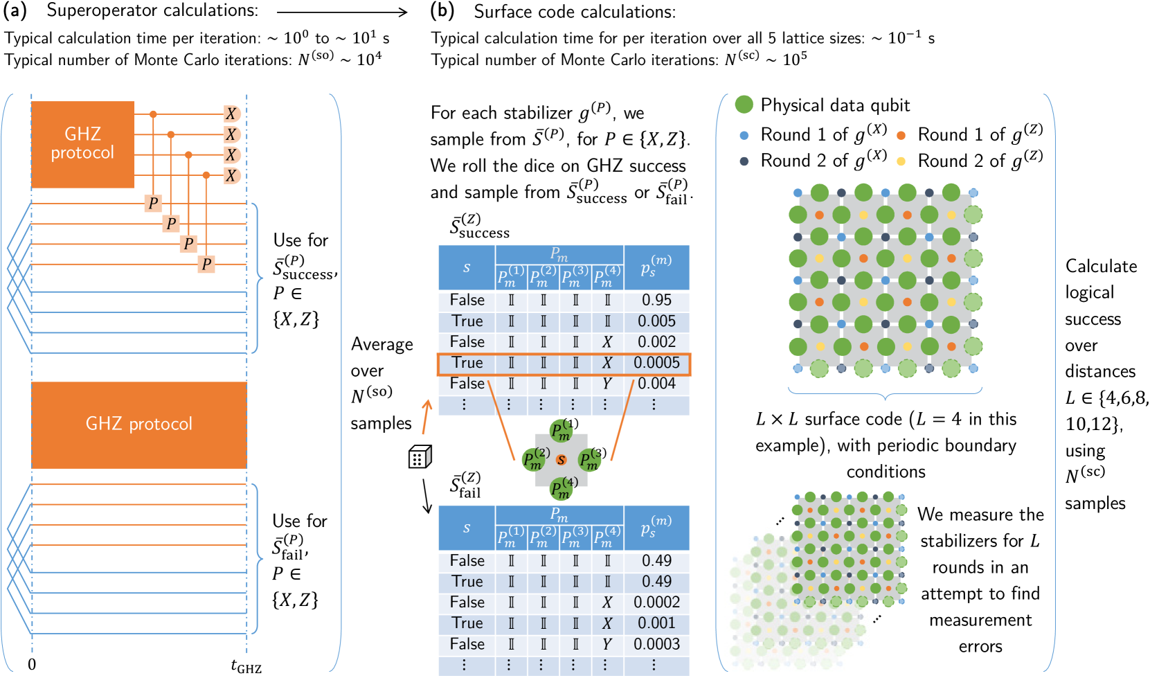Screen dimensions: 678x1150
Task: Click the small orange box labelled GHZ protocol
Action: (x=82, y=144)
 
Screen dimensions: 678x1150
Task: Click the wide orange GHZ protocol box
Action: (x=139, y=425)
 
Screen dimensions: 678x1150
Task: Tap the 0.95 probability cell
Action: (x=656, y=301)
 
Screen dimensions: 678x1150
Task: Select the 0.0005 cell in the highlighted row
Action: (x=656, y=363)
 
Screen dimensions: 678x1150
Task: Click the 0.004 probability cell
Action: (x=656, y=384)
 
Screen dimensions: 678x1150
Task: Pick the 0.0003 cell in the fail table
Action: (x=656, y=644)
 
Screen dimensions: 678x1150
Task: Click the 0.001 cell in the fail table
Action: (x=656, y=623)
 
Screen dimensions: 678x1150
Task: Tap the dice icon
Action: (x=420, y=457)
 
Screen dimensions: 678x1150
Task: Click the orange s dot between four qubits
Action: (x=561, y=460)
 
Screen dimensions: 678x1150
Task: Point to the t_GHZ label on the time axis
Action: (x=246, y=666)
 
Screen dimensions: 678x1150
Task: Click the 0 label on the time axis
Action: (x=32, y=665)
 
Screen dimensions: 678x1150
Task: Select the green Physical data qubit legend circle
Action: (x=744, y=105)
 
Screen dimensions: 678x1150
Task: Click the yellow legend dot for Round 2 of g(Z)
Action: (x=901, y=161)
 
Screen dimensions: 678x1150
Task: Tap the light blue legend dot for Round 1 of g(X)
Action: (x=744, y=136)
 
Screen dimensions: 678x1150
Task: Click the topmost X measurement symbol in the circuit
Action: (x=231, y=114)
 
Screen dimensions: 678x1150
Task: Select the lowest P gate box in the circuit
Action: (x=206, y=264)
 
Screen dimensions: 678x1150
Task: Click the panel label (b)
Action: (x=442, y=11)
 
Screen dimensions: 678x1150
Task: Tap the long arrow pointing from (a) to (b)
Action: (x=342, y=12)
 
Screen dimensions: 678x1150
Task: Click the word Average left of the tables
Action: (x=381, y=345)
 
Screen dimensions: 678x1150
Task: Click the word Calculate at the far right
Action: (x=1101, y=267)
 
